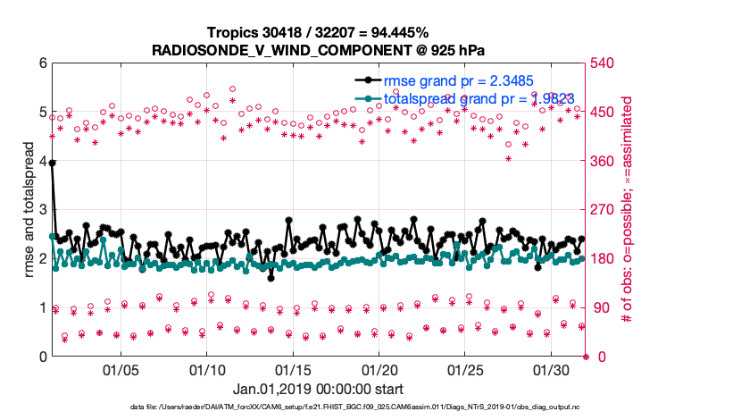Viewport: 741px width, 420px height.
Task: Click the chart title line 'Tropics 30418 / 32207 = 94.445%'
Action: coord(318,33)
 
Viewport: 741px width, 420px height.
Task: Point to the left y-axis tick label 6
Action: coord(41,63)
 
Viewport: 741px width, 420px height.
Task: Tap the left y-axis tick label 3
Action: coord(41,210)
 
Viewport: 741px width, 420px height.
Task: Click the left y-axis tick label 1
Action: coord(41,308)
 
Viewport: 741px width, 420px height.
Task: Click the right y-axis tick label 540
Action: coord(605,63)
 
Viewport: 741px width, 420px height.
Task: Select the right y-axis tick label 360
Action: coord(605,161)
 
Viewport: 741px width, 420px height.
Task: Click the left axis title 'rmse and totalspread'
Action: coord(28,210)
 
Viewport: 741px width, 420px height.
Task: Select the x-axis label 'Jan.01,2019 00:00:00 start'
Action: coord(318,390)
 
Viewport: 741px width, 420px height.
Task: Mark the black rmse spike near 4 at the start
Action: coord(53,164)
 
